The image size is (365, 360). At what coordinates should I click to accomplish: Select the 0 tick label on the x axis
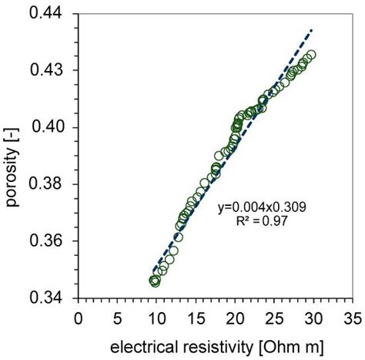pos(78,316)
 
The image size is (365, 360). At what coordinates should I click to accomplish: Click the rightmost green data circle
pos(311,55)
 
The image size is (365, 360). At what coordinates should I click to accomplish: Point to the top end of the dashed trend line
pos(312,29)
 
